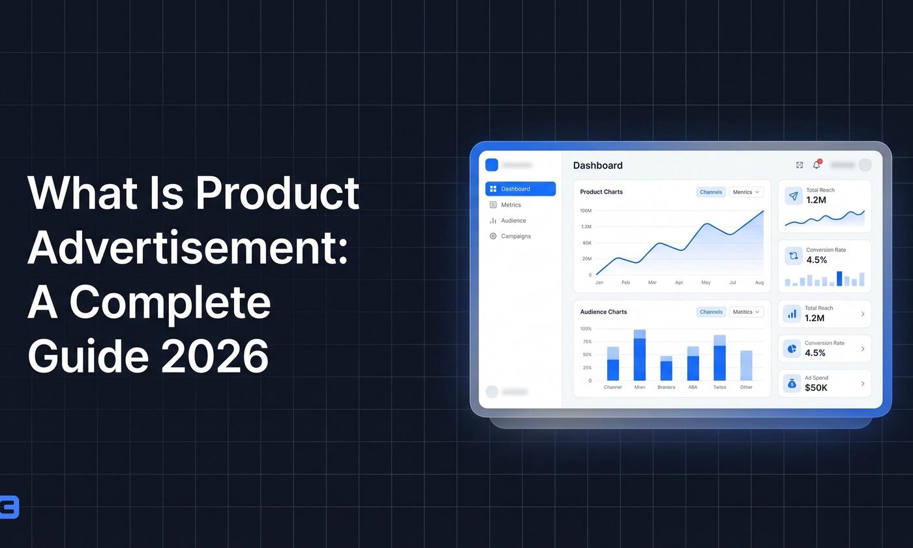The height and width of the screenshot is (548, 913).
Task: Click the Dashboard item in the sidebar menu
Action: [x=520, y=189]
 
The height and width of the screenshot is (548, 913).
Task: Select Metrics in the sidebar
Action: [x=511, y=205]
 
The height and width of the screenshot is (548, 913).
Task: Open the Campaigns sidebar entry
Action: [x=515, y=236]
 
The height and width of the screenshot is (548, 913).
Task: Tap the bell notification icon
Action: [x=816, y=165]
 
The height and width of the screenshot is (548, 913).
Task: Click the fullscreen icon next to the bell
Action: [x=800, y=165]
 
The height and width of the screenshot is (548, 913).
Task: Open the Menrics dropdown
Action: [x=746, y=192]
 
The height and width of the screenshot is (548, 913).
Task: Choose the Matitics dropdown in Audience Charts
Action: [x=746, y=312]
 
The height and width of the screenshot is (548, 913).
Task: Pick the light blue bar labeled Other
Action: [x=746, y=366]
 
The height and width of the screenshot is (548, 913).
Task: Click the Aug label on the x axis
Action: [x=759, y=282]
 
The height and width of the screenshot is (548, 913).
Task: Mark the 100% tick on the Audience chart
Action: [x=586, y=329]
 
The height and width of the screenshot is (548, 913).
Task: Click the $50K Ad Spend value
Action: [x=816, y=388]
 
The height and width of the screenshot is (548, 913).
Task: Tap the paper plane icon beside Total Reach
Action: [x=794, y=196]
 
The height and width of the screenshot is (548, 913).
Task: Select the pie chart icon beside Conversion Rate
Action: [x=792, y=349]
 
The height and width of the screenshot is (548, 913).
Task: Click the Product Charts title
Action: [x=601, y=192]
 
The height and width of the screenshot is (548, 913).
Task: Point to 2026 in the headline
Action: [x=215, y=356]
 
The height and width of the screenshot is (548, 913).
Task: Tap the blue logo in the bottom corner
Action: [x=9, y=507]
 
